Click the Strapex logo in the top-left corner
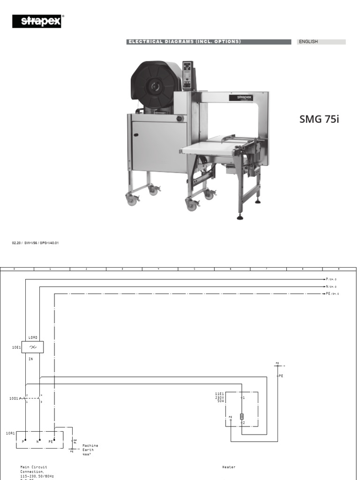(38, 21)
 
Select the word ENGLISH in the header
(308, 42)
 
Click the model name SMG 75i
(319, 119)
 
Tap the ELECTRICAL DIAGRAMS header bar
(184, 42)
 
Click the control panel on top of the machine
(188, 75)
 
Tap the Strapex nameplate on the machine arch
(241, 97)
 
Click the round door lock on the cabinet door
(179, 119)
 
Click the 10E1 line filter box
(33, 347)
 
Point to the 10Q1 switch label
(14, 398)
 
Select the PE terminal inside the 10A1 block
(52, 441)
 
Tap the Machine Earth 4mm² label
(90, 450)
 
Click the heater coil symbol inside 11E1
(242, 416)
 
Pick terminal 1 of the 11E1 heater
(242, 397)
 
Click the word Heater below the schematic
(229, 467)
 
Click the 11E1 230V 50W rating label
(220, 397)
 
